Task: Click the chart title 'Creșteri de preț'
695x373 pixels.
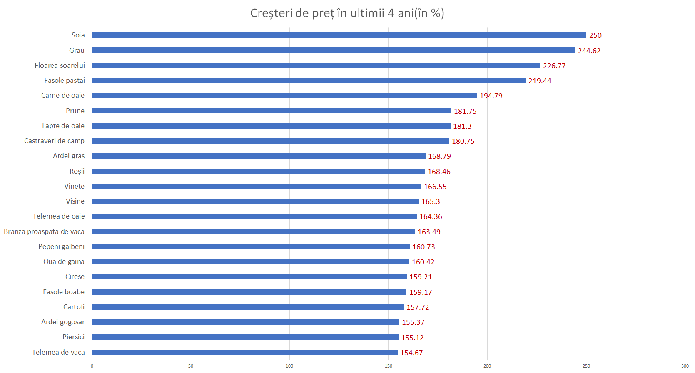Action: (347, 13)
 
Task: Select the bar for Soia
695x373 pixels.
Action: (339, 35)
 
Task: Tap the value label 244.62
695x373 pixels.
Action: (589, 51)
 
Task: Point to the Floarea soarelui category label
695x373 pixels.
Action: (60, 65)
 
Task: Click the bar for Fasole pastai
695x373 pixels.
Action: (309, 81)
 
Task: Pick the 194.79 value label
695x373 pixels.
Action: (491, 96)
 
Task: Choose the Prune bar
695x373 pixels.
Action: (272, 111)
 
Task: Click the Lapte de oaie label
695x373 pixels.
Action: (63, 126)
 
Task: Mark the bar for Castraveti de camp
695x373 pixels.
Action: (271, 141)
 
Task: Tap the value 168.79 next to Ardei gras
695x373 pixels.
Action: (439, 156)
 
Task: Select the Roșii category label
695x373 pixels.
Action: (77, 171)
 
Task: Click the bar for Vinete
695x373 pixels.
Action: (257, 186)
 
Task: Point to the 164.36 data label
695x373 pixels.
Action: (431, 216)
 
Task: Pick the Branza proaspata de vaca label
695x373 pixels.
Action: (44, 231)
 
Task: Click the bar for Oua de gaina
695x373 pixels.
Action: (250, 262)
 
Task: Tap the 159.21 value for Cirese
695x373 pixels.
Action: (421, 277)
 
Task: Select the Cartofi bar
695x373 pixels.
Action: (248, 307)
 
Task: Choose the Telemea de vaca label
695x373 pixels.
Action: (58, 352)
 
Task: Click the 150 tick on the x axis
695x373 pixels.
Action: (389, 366)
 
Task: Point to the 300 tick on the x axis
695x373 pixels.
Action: (685, 366)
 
